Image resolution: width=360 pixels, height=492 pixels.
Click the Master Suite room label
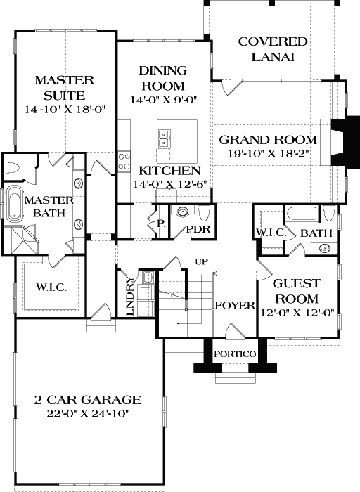60,89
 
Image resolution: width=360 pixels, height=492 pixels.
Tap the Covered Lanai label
264,50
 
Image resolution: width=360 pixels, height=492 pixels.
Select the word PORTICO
235,354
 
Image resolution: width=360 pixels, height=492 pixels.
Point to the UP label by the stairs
201,261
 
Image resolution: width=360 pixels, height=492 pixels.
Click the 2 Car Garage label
88,400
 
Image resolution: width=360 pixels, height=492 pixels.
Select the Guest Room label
296,290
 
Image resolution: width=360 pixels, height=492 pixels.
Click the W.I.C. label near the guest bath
268,233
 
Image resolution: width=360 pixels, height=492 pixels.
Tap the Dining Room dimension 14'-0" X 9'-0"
162,101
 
